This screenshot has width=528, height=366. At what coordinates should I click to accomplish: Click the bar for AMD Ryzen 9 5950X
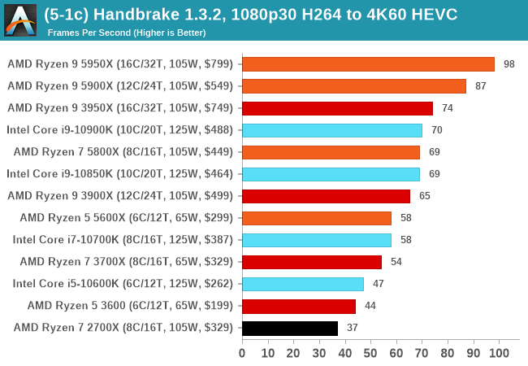(368, 64)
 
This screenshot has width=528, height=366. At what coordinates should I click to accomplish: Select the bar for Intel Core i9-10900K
(332, 130)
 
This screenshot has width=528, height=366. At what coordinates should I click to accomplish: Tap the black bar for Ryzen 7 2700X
(290, 328)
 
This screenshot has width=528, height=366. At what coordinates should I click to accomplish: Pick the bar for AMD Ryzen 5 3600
(299, 306)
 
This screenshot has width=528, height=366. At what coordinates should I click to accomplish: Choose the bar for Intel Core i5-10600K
(303, 284)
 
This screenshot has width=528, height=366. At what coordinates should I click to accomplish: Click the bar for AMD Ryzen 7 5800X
(331, 152)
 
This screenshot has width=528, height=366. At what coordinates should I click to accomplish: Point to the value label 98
(509, 64)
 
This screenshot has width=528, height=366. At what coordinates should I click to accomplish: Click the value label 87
(481, 86)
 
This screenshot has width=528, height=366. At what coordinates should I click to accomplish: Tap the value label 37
(353, 328)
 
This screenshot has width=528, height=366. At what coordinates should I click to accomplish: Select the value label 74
(448, 108)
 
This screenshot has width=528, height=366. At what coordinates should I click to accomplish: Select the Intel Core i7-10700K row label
(123, 240)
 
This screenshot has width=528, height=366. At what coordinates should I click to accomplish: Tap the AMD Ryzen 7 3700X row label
(127, 262)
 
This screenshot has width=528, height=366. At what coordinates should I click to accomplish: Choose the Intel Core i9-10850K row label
(119, 174)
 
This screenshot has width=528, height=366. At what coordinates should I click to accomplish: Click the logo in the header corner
(20, 20)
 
